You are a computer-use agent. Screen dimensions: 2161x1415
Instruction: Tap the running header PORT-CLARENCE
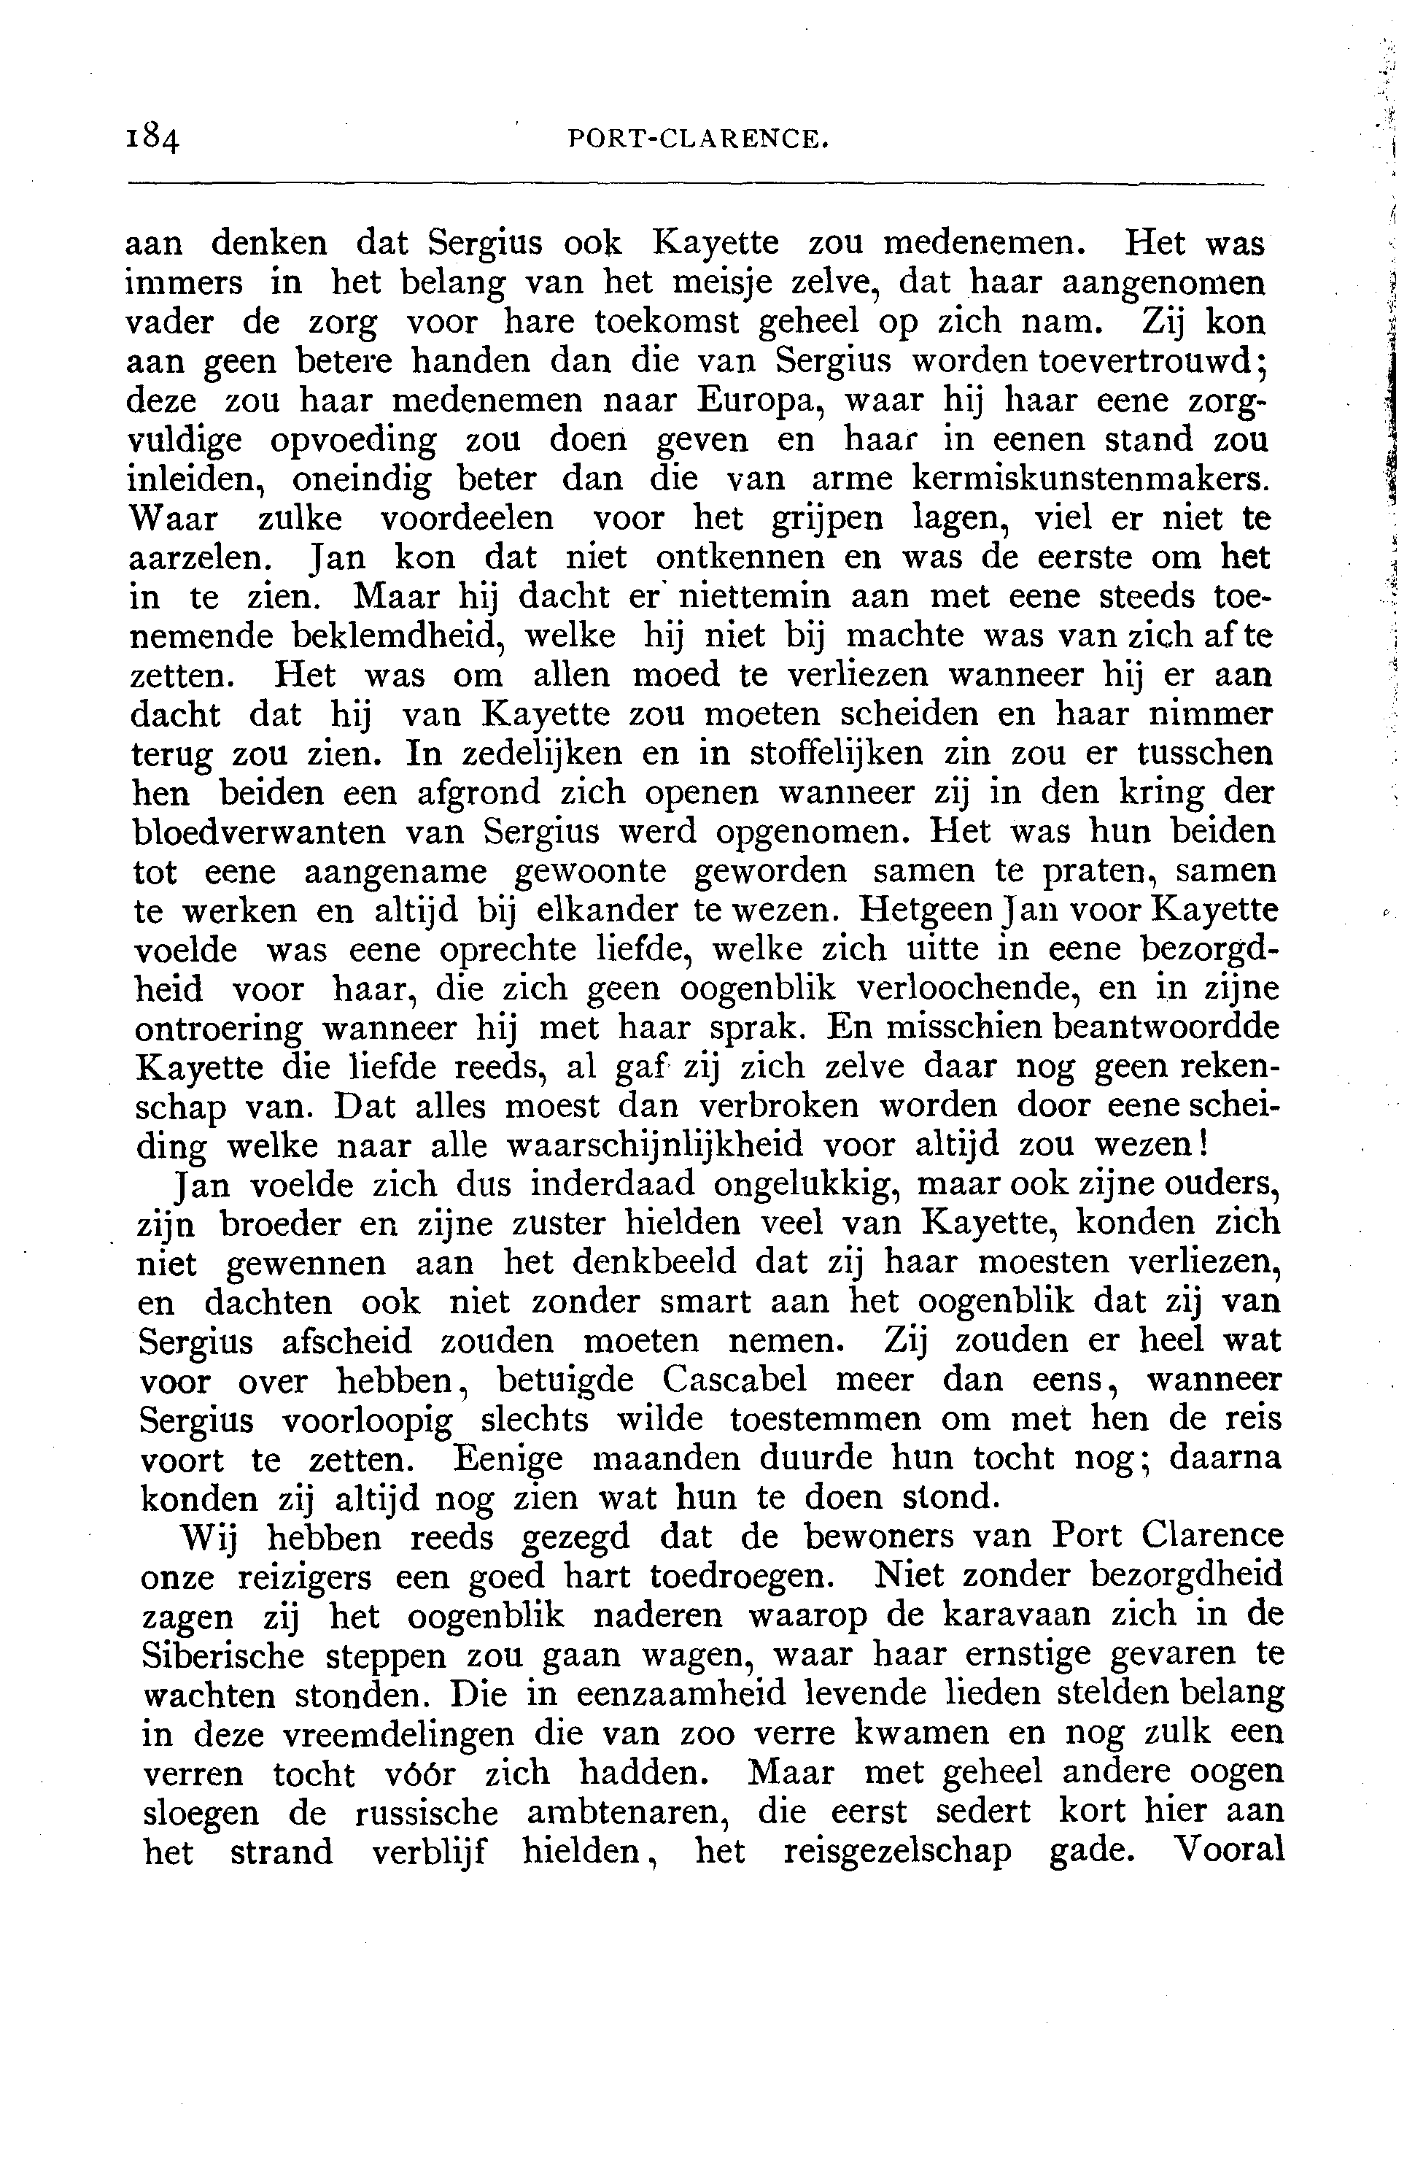[x=698, y=139]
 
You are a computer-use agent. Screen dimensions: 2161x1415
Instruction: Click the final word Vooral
[x=1229, y=1849]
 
